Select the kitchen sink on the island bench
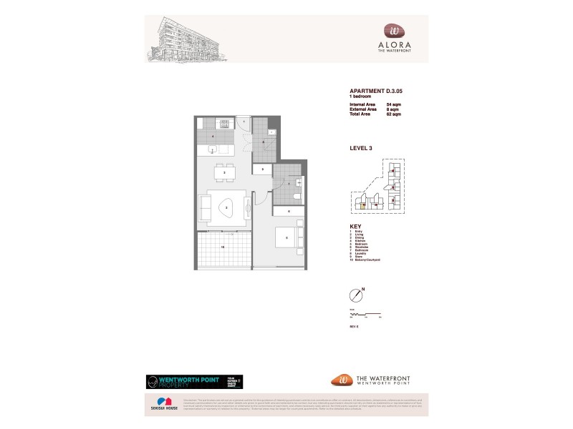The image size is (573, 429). [213, 149]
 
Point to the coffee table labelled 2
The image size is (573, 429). [227, 207]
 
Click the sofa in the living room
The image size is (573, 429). [203, 208]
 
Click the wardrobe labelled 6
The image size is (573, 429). [288, 212]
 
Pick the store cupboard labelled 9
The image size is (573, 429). [263, 169]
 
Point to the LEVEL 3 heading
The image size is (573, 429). [360, 149]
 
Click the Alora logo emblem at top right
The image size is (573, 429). [395, 31]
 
